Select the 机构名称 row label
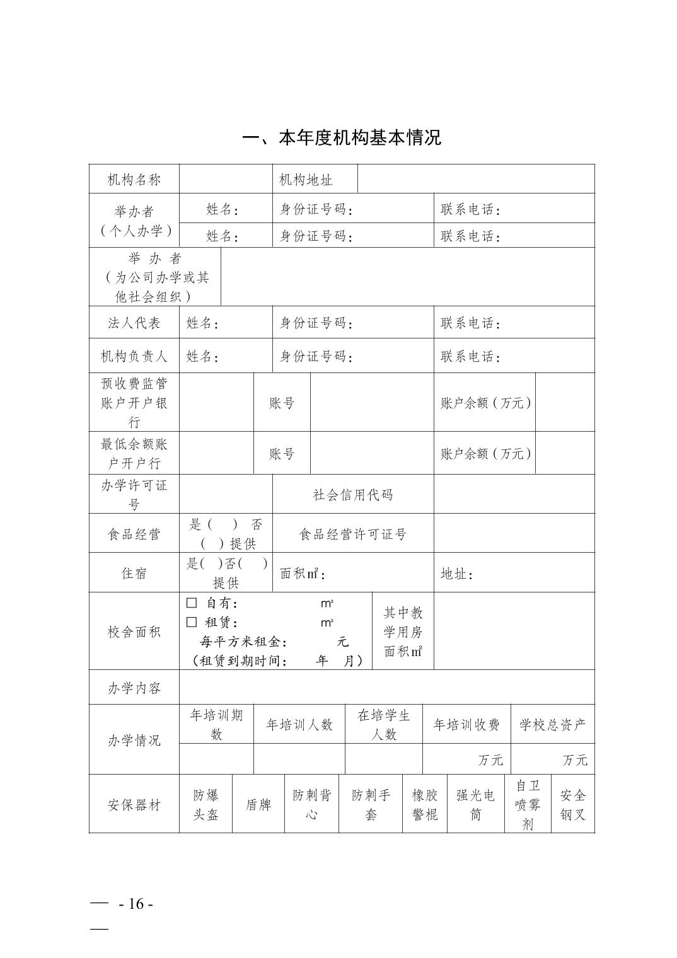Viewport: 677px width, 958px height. [134, 180]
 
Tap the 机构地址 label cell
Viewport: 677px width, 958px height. [306, 180]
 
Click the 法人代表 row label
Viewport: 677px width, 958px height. [134, 323]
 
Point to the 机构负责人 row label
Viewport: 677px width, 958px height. [134, 357]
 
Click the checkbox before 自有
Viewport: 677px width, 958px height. [192, 603]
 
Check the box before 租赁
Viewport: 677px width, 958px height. [192, 622]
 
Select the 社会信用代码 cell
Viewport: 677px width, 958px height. [353, 495]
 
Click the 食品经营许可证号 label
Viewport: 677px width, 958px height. [353, 534]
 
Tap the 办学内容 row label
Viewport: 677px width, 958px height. [134, 688]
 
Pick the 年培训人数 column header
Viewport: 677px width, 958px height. [299, 725]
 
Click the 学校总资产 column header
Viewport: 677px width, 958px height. [552, 725]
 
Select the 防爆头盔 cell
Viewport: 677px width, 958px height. [206, 805]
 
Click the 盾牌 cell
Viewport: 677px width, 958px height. [258, 805]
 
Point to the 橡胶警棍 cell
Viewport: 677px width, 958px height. [425, 805]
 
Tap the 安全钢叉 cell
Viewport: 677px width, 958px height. [573, 805]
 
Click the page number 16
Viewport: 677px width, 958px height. [136, 904]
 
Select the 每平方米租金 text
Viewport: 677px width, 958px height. [243, 642]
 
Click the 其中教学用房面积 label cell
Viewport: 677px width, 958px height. [403, 632]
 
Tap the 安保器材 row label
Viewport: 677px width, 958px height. [134, 805]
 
